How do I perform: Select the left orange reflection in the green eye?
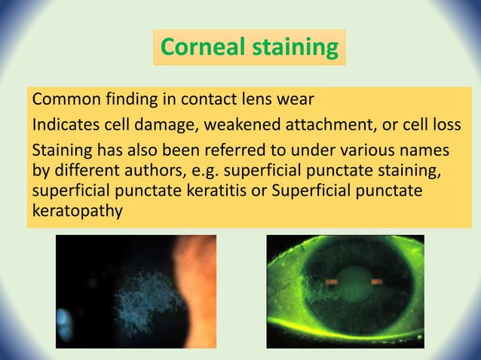point(331,281)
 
